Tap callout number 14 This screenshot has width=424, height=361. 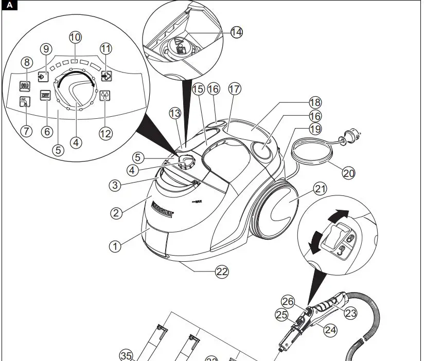[x=236, y=32]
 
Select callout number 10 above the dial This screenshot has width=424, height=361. [x=75, y=38]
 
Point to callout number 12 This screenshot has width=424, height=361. [x=105, y=134]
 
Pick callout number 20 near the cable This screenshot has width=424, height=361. [x=348, y=173]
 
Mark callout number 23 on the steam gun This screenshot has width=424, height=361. [x=350, y=313]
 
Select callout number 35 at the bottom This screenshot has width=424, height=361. [x=127, y=355]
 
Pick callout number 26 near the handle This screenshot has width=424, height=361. [x=288, y=302]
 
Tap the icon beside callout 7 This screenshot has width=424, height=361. [x=24, y=102]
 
